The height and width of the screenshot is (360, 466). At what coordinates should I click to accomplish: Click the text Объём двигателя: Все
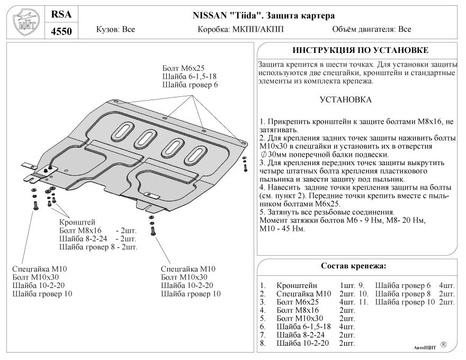point(372,30)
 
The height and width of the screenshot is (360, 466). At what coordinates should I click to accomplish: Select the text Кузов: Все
point(115,30)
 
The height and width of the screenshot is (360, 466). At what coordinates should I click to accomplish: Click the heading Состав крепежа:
point(353,265)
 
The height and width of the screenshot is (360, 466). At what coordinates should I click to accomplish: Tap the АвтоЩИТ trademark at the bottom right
point(424,348)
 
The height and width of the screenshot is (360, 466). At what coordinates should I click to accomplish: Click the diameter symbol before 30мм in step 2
point(264,154)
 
